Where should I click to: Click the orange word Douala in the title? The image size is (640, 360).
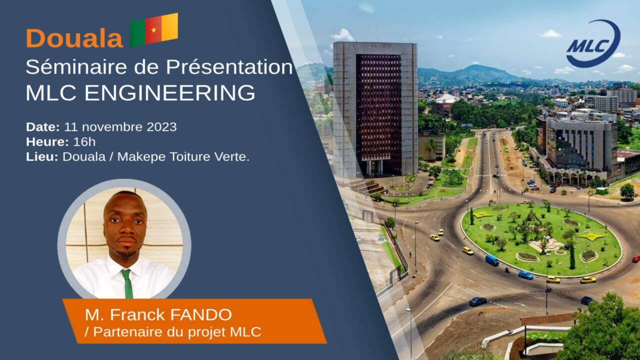click(x=74, y=38)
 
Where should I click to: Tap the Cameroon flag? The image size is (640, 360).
click(x=154, y=29)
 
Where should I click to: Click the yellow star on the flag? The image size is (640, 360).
click(x=153, y=29)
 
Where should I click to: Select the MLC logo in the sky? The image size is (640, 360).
click(x=593, y=43)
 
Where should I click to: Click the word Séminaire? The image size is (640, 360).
click(x=76, y=67)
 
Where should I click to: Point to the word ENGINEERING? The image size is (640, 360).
click(x=169, y=92)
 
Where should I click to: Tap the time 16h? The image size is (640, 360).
click(x=84, y=141)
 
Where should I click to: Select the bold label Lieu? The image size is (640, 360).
click(x=42, y=156)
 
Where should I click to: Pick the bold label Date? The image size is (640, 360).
click(x=43, y=127)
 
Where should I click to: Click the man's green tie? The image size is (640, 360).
click(x=127, y=283)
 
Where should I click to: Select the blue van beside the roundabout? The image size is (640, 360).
click(x=492, y=260)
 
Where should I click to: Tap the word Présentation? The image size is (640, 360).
click(x=229, y=67)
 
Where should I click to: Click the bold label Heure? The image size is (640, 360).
click(x=47, y=141)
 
